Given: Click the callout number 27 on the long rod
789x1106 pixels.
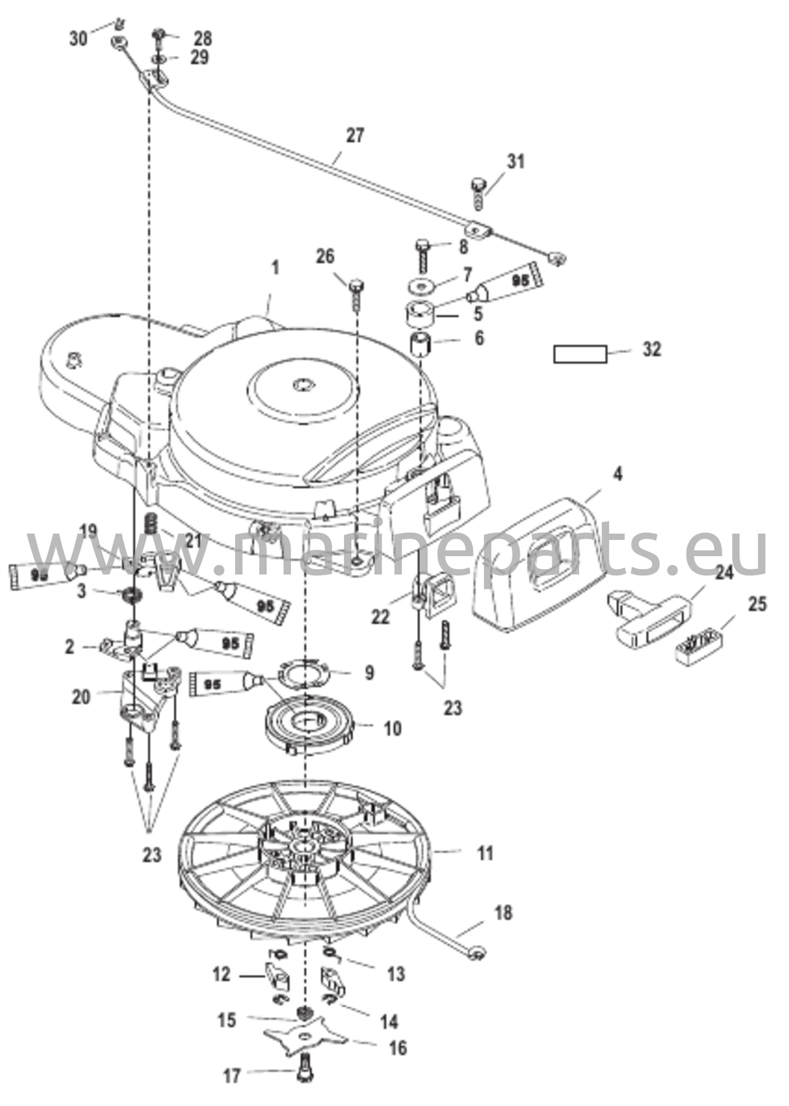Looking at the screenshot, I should (x=355, y=136).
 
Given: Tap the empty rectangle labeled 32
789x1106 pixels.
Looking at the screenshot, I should (x=580, y=354).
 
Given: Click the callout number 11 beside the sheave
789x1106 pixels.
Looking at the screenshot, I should (x=485, y=854).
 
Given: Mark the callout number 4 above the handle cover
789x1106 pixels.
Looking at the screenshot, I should (x=618, y=474).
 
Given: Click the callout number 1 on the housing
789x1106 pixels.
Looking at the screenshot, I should (x=275, y=268).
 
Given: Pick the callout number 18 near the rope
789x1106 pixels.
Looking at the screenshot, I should (x=503, y=913).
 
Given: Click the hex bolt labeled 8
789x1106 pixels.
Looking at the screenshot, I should (x=422, y=254).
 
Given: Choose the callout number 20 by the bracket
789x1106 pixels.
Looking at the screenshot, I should (x=81, y=697).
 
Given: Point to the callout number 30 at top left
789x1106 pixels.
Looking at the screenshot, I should (x=78, y=38).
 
